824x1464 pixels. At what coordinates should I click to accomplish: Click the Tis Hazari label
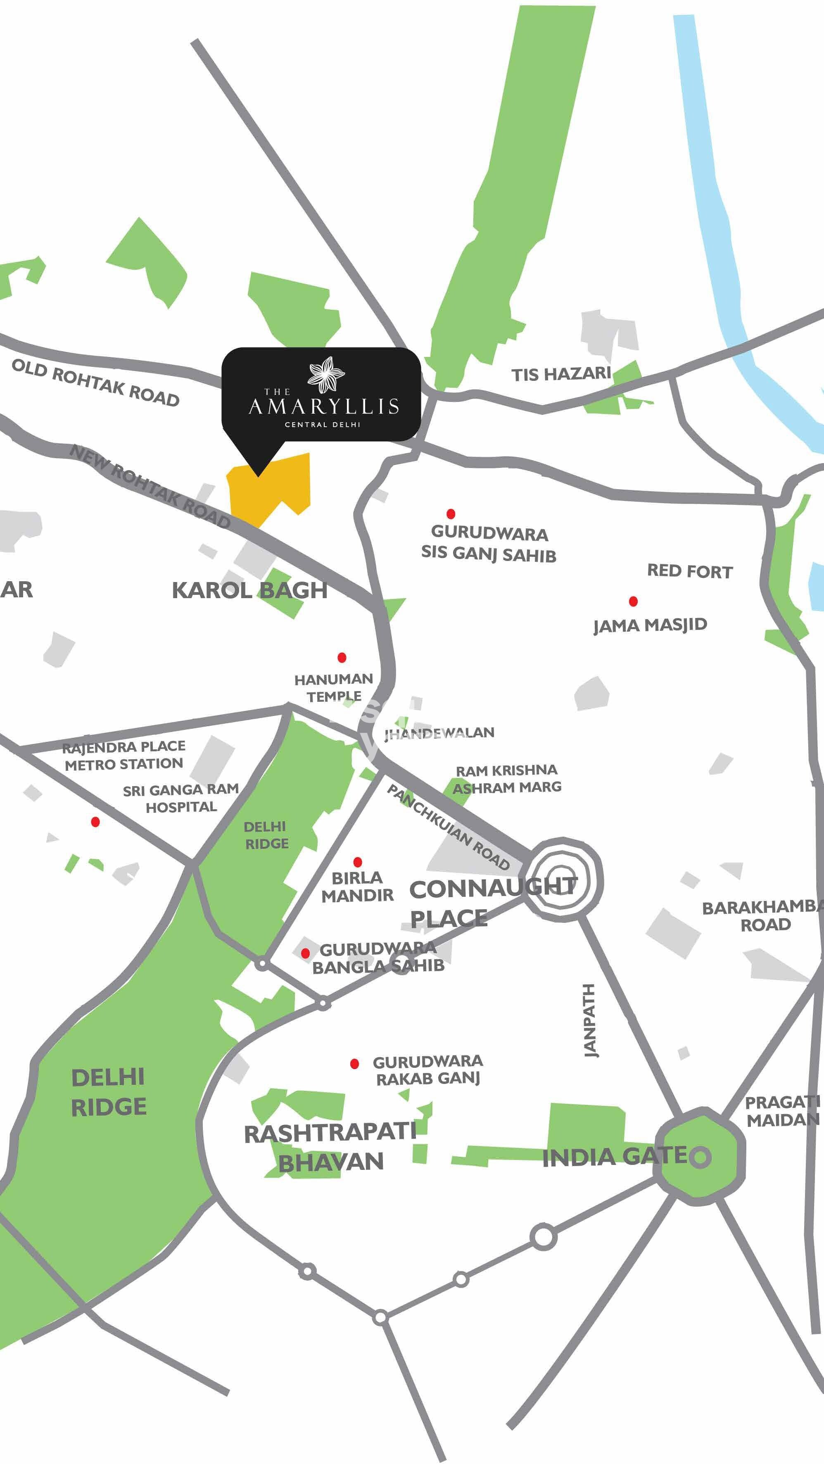tap(560, 375)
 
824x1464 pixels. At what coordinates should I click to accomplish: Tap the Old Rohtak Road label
tap(95, 383)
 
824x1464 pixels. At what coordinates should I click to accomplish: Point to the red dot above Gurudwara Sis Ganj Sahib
tap(451, 514)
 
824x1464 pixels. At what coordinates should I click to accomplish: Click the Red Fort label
tap(690, 571)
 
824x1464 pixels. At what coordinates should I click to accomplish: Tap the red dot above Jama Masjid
tap(633, 601)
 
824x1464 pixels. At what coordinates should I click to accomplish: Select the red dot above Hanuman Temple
tap(342, 658)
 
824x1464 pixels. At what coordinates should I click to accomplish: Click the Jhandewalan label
tap(439, 733)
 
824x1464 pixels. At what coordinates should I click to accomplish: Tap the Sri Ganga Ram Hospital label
tap(181, 798)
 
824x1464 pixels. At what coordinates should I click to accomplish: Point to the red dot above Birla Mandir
tap(357, 862)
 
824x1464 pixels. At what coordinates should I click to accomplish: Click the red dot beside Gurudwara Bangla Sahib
tap(305, 953)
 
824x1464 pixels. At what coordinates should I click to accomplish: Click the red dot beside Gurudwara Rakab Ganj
tap(355, 1064)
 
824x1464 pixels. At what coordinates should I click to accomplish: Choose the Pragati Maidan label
tap(782, 1111)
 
